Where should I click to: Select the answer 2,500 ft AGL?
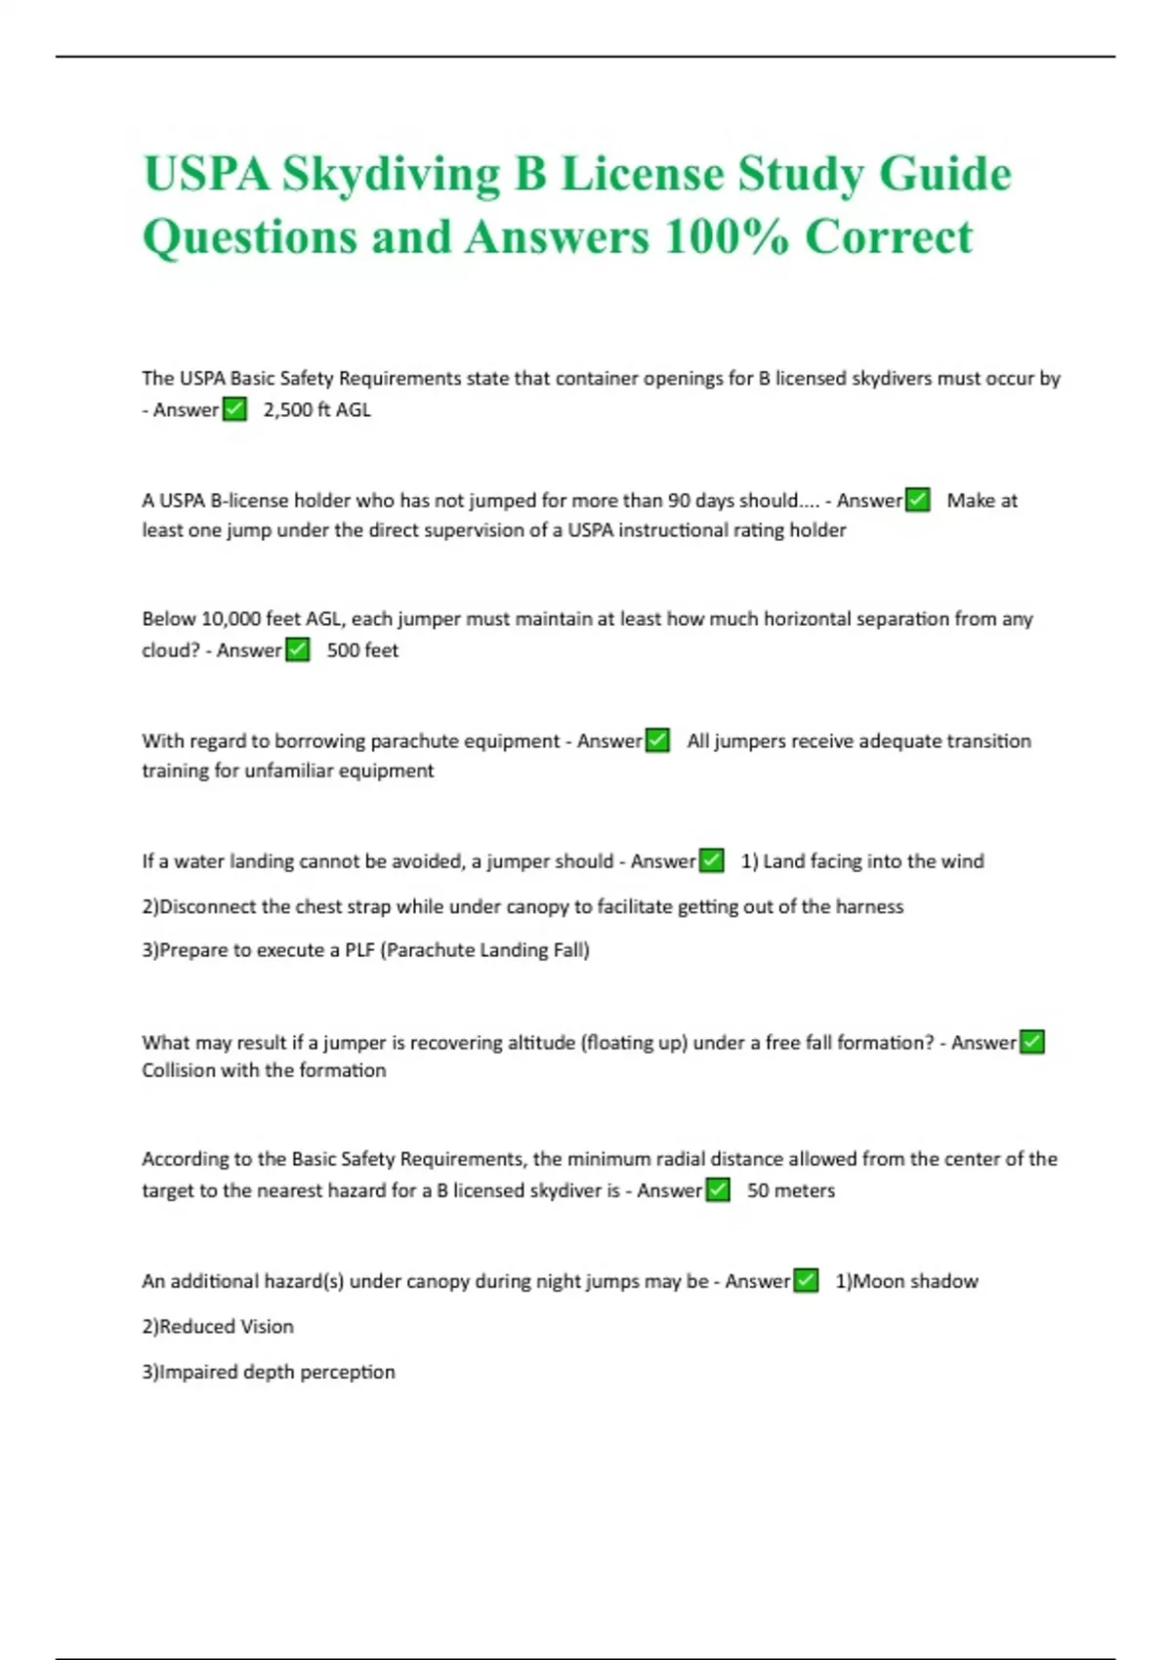coord(317,410)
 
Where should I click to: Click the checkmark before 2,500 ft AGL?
coord(234,409)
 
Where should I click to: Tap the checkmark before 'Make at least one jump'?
coord(918,500)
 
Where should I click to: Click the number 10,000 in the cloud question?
coord(230,619)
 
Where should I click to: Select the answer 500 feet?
coord(362,650)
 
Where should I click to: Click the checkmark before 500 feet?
coord(298,649)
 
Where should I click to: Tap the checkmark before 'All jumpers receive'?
coord(658,740)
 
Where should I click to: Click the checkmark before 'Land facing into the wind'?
coord(713,860)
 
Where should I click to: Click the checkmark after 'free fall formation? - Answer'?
coord(1032,1042)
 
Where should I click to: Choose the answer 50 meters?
coord(791,1190)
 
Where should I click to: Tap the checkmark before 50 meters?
coord(718,1190)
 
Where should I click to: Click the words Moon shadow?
coord(915,1281)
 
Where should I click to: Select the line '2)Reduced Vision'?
coord(218,1326)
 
